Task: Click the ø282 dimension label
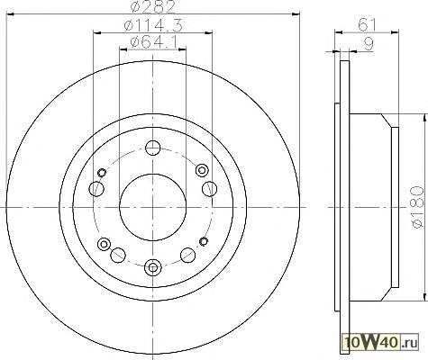click(153, 7)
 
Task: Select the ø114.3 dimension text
click(153, 25)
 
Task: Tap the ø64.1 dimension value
click(153, 41)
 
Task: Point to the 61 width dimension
click(367, 25)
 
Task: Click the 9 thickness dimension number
click(369, 44)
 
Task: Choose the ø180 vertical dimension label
click(418, 207)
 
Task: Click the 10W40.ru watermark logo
click(381, 342)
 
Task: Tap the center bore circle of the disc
click(153, 207)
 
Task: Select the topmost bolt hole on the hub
click(153, 148)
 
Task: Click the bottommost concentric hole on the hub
click(153, 267)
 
